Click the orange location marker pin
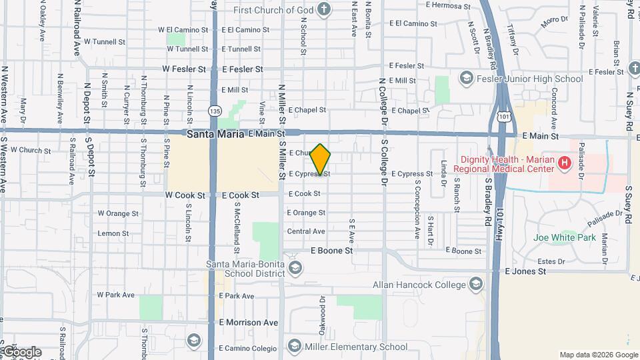pos(321,160)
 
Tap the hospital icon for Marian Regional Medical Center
pos(565,163)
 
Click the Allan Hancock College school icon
pos(475,285)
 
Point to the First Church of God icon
pos(323,9)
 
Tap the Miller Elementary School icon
pos(295,346)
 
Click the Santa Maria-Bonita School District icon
pos(295,268)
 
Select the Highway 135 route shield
pos(214,110)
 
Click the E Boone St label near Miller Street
pos(331,251)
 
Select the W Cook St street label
pos(183,195)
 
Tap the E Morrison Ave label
pos(249,323)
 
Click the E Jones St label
pos(526,271)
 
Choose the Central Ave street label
pos(305,231)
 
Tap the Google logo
pos(21,351)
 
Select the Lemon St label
pos(113,233)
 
